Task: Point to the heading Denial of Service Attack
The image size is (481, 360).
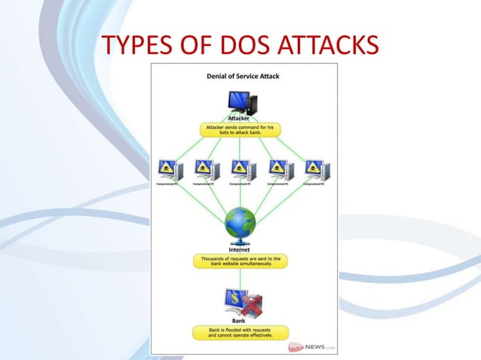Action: tap(243, 76)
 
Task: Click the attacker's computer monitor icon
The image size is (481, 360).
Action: tap(240, 102)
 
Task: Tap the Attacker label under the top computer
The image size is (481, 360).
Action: tap(240, 119)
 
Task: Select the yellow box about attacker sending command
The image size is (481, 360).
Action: tap(240, 130)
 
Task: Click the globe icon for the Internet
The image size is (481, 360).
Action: tap(240, 223)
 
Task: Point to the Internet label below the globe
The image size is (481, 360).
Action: tap(240, 249)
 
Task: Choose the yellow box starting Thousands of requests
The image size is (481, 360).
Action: tap(240, 261)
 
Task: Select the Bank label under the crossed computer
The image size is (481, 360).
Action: tap(238, 321)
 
